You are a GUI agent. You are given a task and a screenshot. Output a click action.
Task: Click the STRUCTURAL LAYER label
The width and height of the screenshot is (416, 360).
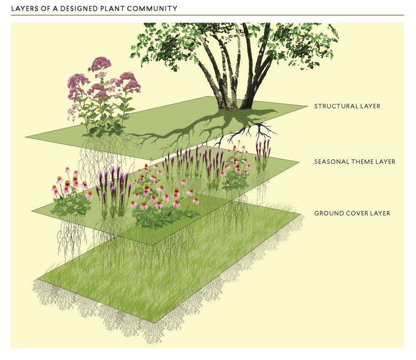coord(347,107)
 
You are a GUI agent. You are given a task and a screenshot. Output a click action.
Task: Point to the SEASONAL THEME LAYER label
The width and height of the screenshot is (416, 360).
coord(354,162)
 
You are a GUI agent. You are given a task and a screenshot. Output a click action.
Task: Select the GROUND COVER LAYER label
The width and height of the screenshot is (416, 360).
coord(352,214)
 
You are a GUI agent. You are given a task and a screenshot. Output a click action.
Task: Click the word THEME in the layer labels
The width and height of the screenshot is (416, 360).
coord(361,162)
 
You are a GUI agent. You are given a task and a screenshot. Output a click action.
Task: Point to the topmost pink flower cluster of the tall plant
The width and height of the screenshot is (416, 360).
coord(99,64)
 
